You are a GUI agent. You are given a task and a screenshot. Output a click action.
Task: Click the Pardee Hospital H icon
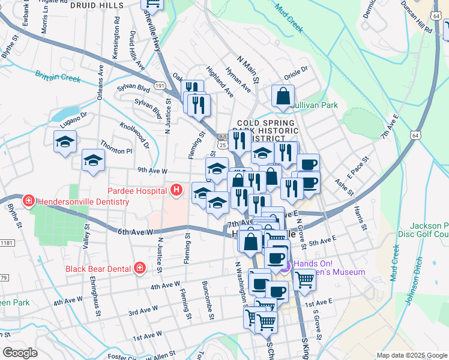pos(176,191)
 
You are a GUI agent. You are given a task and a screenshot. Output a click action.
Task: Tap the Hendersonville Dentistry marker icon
pos(28,201)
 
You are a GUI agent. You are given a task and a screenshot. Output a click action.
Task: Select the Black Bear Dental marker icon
pos(139,268)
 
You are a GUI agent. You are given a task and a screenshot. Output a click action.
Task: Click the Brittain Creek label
pos(58,77)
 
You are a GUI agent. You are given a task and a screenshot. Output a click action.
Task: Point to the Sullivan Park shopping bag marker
pos(283,95)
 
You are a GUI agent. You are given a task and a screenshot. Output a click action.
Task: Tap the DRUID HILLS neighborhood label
pos(97,5)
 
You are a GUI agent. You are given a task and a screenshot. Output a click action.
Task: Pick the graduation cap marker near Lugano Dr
pos(65,143)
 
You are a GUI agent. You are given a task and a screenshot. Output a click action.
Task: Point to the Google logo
pos(20,352)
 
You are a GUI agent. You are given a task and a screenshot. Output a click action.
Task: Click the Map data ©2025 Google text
pos(411,355)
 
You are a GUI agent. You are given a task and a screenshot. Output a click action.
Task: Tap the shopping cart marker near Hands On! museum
pos(304,278)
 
